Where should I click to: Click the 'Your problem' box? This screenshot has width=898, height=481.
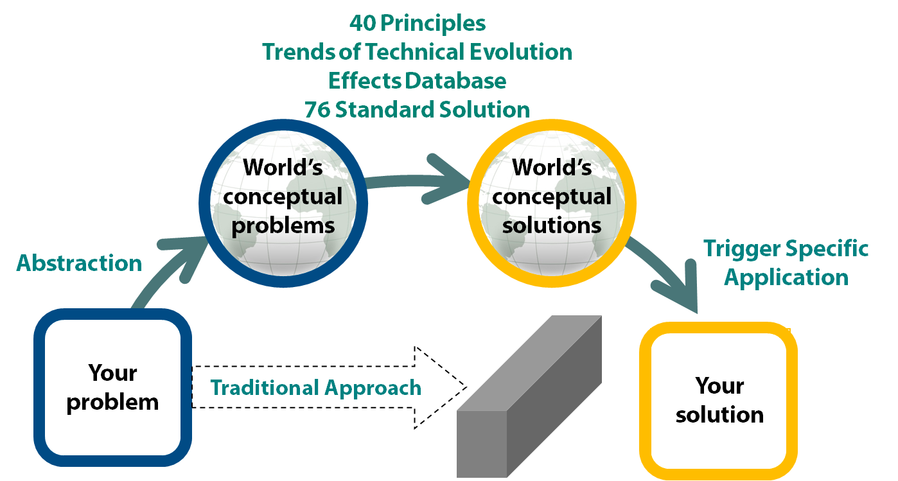(x=112, y=387)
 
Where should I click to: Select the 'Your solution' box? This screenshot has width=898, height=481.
(x=719, y=400)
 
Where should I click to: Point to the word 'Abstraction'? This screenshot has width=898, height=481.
(x=79, y=263)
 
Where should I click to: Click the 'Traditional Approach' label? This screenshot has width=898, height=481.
(x=316, y=388)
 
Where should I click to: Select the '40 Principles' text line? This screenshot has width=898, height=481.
(x=418, y=24)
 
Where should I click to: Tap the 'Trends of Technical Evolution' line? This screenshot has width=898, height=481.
(x=417, y=52)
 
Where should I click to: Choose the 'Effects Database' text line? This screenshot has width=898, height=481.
(x=417, y=81)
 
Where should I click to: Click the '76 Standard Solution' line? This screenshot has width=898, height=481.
(x=417, y=109)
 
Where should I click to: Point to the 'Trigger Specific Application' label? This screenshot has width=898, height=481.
(x=786, y=263)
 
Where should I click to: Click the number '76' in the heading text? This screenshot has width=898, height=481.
(x=317, y=109)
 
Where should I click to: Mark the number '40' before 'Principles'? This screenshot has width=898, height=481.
(x=363, y=24)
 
